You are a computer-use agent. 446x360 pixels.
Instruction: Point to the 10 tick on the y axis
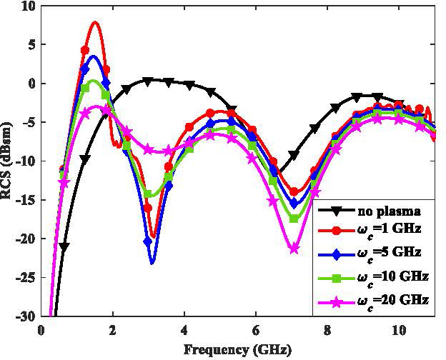click(x=29, y=6)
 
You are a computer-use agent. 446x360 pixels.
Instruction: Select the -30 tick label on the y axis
click(x=26, y=316)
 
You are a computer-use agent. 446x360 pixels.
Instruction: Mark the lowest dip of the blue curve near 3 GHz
click(x=152, y=263)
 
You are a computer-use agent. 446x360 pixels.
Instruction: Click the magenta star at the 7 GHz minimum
click(x=294, y=249)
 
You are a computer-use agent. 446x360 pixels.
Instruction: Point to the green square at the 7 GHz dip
click(x=294, y=218)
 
